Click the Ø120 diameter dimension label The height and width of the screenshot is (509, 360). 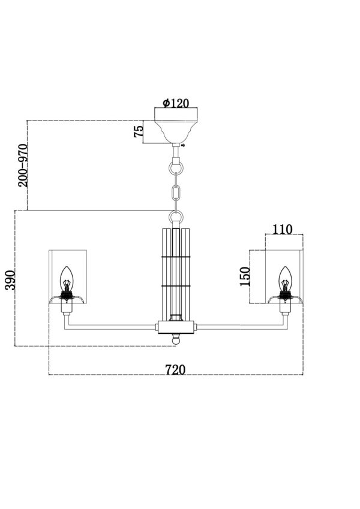pyautogui.click(x=176, y=103)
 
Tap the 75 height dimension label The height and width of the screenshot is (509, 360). pyautogui.click(x=139, y=132)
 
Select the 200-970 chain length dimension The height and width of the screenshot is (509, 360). pyautogui.click(x=23, y=165)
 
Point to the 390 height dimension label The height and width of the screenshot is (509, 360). pyautogui.click(x=10, y=280)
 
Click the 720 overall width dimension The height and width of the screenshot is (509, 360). pyautogui.click(x=175, y=369)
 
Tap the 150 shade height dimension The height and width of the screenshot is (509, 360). pyautogui.click(x=245, y=276)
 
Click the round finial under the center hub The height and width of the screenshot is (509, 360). pyautogui.click(x=175, y=340)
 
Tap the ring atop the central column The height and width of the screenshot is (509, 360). pyautogui.click(x=175, y=216)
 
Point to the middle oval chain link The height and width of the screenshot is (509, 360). pyautogui.click(x=175, y=193)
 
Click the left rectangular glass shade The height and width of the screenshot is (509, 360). pyautogui.click(x=67, y=264)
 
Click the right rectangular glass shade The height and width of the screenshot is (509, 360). pyautogui.click(x=284, y=264)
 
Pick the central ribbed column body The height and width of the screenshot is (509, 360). pyautogui.click(x=175, y=270)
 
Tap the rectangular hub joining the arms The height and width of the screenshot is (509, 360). pyautogui.click(x=175, y=327)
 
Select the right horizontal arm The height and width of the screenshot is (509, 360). pyautogui.click(x=240, y=327)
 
